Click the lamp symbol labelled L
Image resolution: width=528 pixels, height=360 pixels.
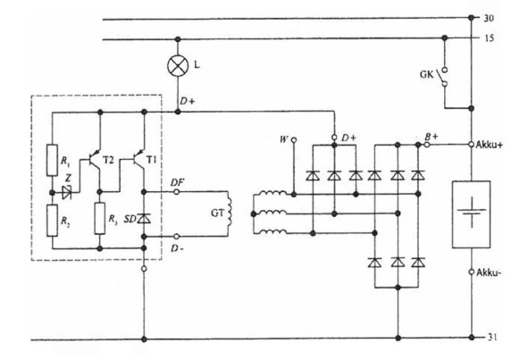pyautogui.click(x=178, y=65)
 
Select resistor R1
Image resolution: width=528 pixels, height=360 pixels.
pyautogui.click(x=52, y=160)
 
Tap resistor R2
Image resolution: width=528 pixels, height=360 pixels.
pyautogui.click(x=52, y=221)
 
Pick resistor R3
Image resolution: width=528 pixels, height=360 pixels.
pyautogui.click(x=100, y=218)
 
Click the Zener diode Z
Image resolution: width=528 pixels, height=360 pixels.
pyautogui.click(x=67, y=193)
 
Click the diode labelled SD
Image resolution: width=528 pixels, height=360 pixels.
pyautogui.click(x=144, y=219)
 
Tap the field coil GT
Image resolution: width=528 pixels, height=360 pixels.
pyautogui.click(x=230, y=213)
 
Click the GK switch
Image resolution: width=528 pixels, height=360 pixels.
pyautogui.click(x=444, y=77)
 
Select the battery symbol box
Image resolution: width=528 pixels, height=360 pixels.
pyautogui.click(x=471, y=214)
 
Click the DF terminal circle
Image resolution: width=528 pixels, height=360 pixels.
pyautogui.click(x=176, y=192)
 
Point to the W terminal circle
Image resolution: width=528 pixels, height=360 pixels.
pyautogui.click(x=294, y=139)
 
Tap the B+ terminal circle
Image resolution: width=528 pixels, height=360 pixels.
pyautogui.click(x=427, y=145)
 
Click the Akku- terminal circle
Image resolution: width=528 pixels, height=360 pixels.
pyautogui.click(x=472, y=272)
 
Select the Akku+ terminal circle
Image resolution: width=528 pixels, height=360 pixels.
pyautogui.click(x=472, y=145)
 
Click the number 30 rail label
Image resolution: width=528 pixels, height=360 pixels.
pyautogui.click(x=489, y=18)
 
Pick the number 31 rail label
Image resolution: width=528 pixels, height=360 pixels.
pyautogui.click(x=492, y=337)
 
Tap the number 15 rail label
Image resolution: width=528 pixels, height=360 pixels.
pyautogui.click(x=490, y=38)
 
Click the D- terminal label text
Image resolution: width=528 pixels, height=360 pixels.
pyautogui.click(x=177, y=249)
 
